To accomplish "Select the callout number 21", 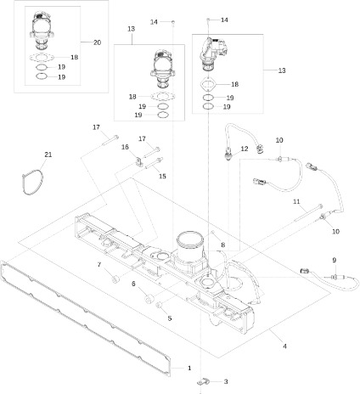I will click(48, 155).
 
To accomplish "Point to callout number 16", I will click(124, 147).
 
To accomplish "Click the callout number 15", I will click(162, 176).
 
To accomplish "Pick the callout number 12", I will click(244, 149).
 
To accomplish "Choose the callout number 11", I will click(297, 201).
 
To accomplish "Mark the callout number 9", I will click(334, 259).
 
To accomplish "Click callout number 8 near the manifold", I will click(222, 245).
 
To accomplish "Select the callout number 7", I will click(98, 265).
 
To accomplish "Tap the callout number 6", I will click(133, 283).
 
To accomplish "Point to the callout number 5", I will click(169, 318).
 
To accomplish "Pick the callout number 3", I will click(226, 382).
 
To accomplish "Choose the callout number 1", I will click(188, 366).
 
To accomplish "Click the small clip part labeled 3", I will click(203, 383).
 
